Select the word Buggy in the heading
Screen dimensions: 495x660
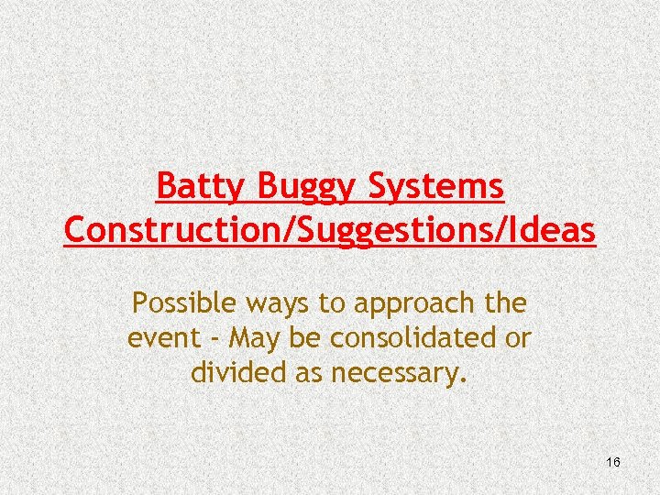(303, 188)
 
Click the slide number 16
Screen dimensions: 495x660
(613, 462)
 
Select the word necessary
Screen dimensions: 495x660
(397, 374)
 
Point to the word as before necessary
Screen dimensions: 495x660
(305, 374)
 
